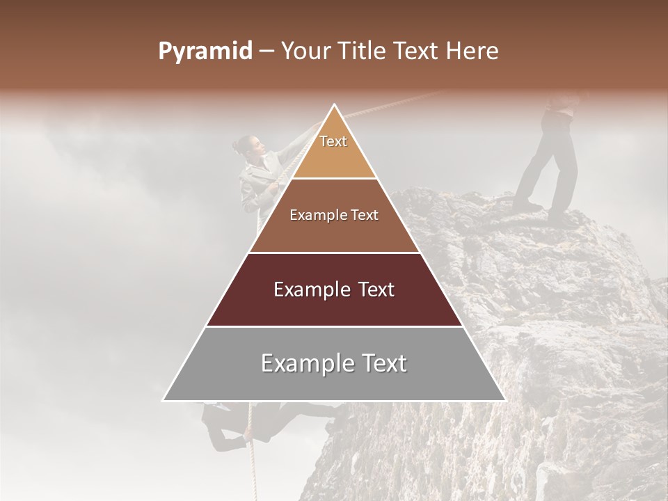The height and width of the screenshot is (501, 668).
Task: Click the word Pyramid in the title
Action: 205,51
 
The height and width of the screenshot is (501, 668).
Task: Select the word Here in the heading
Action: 474,51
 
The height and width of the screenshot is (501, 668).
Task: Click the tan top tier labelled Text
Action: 334,146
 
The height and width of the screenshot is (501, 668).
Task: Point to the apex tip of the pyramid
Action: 334,106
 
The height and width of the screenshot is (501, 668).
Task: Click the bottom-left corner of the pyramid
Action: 165,399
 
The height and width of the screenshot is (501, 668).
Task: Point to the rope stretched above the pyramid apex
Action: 390,104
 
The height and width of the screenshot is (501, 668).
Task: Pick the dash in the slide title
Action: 266,51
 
